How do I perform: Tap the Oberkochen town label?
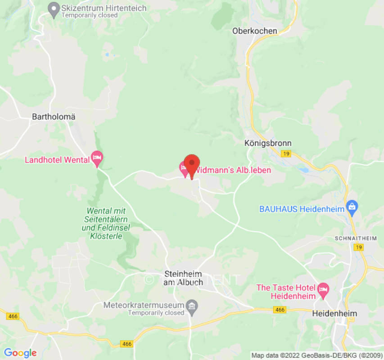[254, 31]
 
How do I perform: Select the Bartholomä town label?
[54, 117]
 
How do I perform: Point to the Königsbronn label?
[268, 143]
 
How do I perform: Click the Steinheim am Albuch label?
[184, 278]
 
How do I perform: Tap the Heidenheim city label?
[334, 314]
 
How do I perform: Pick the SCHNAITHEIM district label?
[355, 238]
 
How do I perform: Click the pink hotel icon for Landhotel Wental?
[97, 158]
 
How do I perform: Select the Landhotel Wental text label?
[57, 160]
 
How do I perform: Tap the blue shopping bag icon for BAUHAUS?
[352, 207]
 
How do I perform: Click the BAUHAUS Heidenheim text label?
[302, 209]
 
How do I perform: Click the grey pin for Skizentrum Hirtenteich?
[54, 9]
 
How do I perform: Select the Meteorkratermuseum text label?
[144, 305]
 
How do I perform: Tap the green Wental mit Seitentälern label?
[106, 223]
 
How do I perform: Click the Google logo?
[20, 353]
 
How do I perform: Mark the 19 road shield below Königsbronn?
[285, 154]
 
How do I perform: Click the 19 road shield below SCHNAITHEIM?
[358, 247]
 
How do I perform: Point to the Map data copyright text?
[316, 355]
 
